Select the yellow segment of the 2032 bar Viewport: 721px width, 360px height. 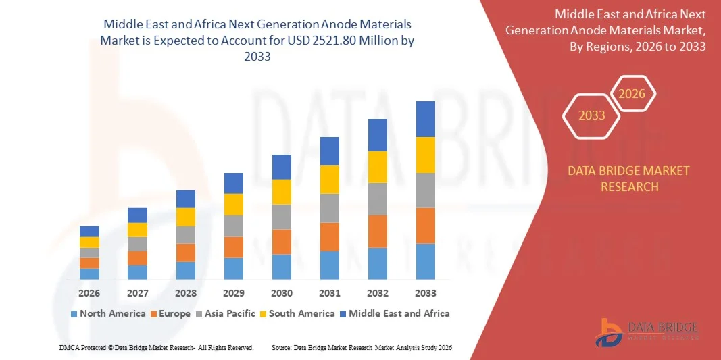377,167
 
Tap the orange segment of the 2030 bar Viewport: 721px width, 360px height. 281,241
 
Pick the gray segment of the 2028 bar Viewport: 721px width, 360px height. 185,234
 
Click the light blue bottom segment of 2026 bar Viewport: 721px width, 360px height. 89,274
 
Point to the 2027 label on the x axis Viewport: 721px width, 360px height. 137,293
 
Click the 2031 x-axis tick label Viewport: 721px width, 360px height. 329,293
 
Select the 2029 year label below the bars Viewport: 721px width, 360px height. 233,293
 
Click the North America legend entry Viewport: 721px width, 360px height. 107,313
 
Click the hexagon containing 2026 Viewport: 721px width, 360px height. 632,94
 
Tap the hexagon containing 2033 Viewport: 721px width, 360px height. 592,115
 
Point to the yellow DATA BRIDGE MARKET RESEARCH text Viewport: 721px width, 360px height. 629,178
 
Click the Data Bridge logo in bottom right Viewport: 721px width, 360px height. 647,332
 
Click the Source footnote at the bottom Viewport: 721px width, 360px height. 361,347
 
